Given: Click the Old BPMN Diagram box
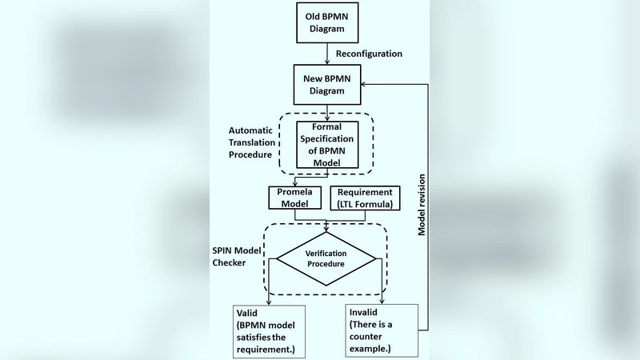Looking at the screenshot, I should [327, 24].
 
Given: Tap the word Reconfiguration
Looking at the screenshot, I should [369, 54].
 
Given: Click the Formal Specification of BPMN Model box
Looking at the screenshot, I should [326, 143].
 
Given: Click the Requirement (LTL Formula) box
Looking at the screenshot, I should [365, 198].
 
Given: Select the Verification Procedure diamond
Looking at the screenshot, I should [326, 258].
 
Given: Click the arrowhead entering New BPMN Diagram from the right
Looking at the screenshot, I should [363, 84].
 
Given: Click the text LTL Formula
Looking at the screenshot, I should [367, 205].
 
